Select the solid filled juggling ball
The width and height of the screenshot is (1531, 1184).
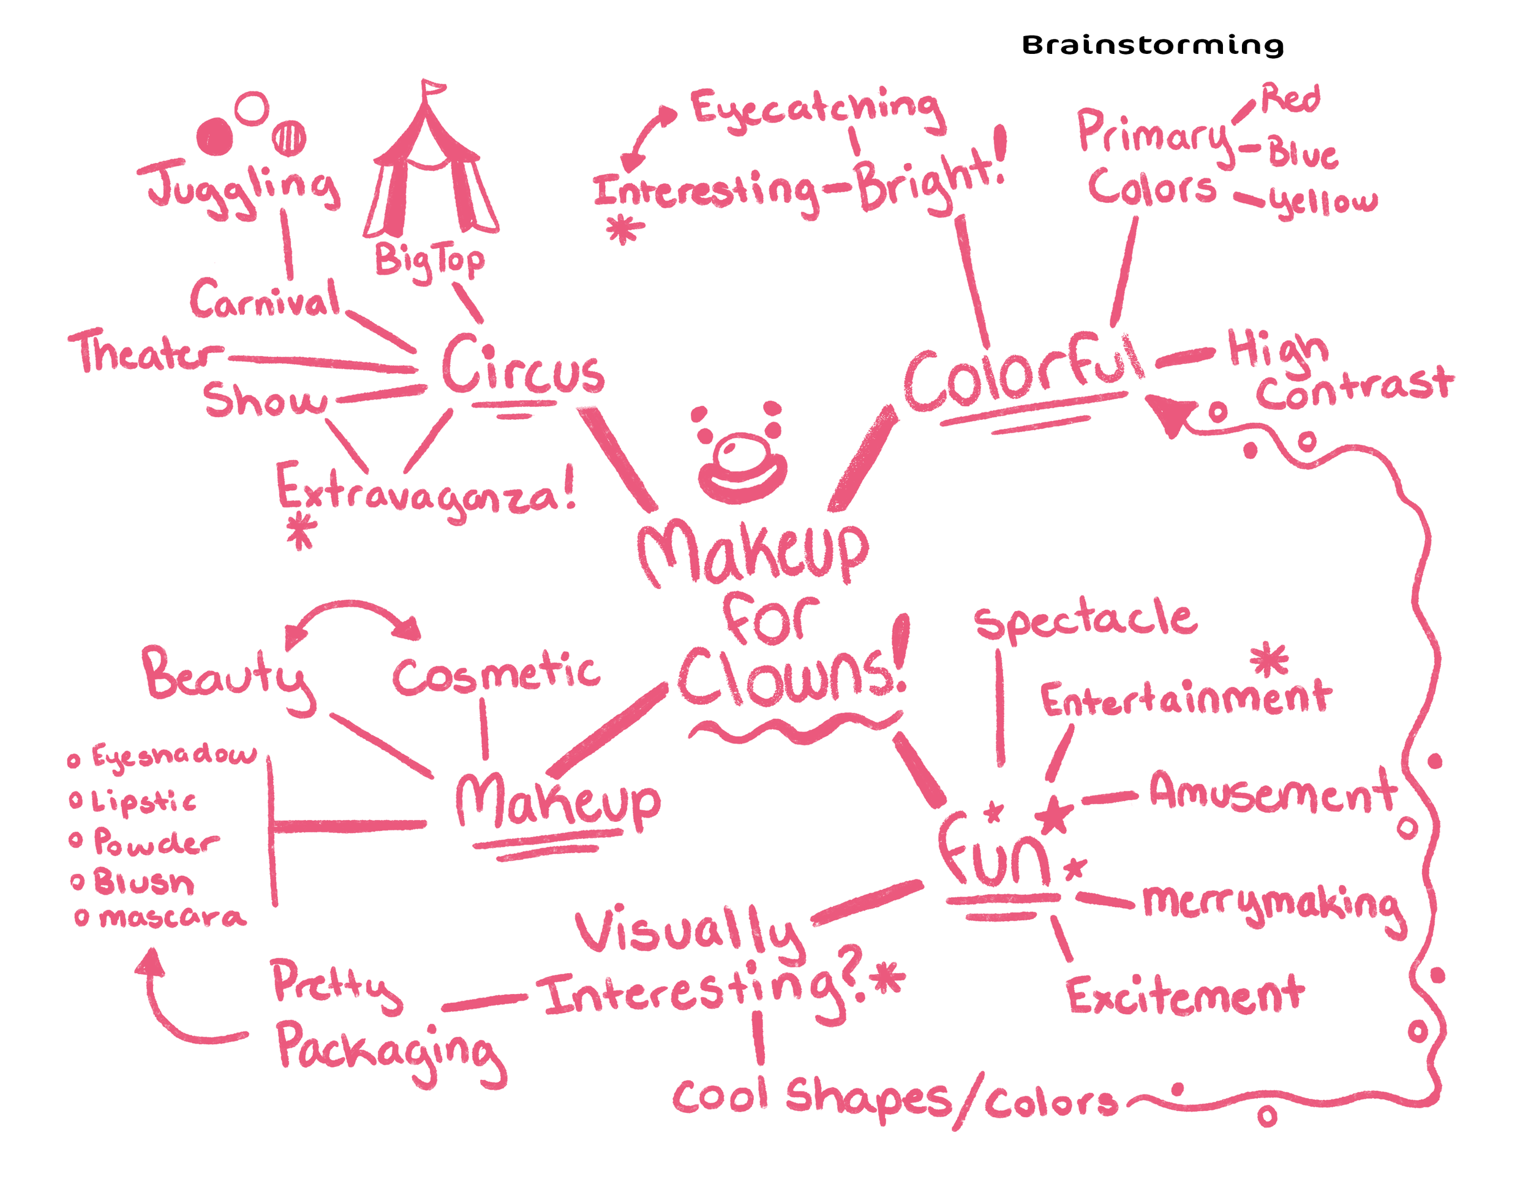(x=214, y=135)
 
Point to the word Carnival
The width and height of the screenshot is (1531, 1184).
(x=265, y=300)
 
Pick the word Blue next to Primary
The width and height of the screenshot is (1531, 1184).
(x=1303, y=154)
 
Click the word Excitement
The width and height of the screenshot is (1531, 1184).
(x=1185, y=996)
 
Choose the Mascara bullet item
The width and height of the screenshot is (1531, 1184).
(x=171, y=917)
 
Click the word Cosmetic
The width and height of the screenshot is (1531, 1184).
(x=495, y=675)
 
